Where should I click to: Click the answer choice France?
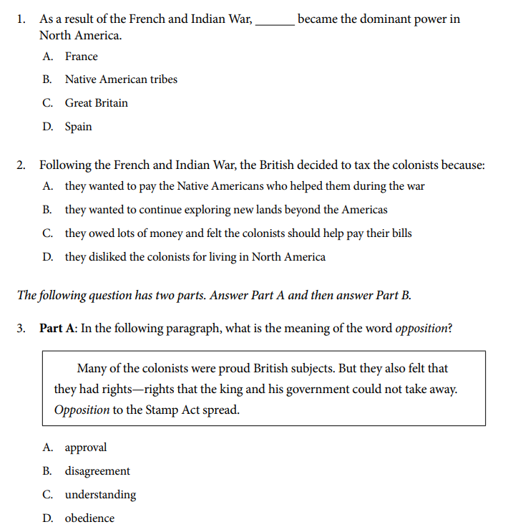(81, 57)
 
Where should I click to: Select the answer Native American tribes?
(121, 79)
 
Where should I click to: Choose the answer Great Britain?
(96, 103)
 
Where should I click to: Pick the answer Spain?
(78, 127)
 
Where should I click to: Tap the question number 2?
(21, 165)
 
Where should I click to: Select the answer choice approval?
(85, 448)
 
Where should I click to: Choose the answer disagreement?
(97, 471)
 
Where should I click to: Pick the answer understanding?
(100, 495)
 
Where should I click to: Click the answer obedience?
(89, 518)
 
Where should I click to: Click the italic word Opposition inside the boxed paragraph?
(82, 411)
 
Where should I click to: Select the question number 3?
(21, 329)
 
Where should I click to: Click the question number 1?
(21, 19)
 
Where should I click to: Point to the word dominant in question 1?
(382, 19)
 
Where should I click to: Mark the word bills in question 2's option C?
(399, 233)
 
